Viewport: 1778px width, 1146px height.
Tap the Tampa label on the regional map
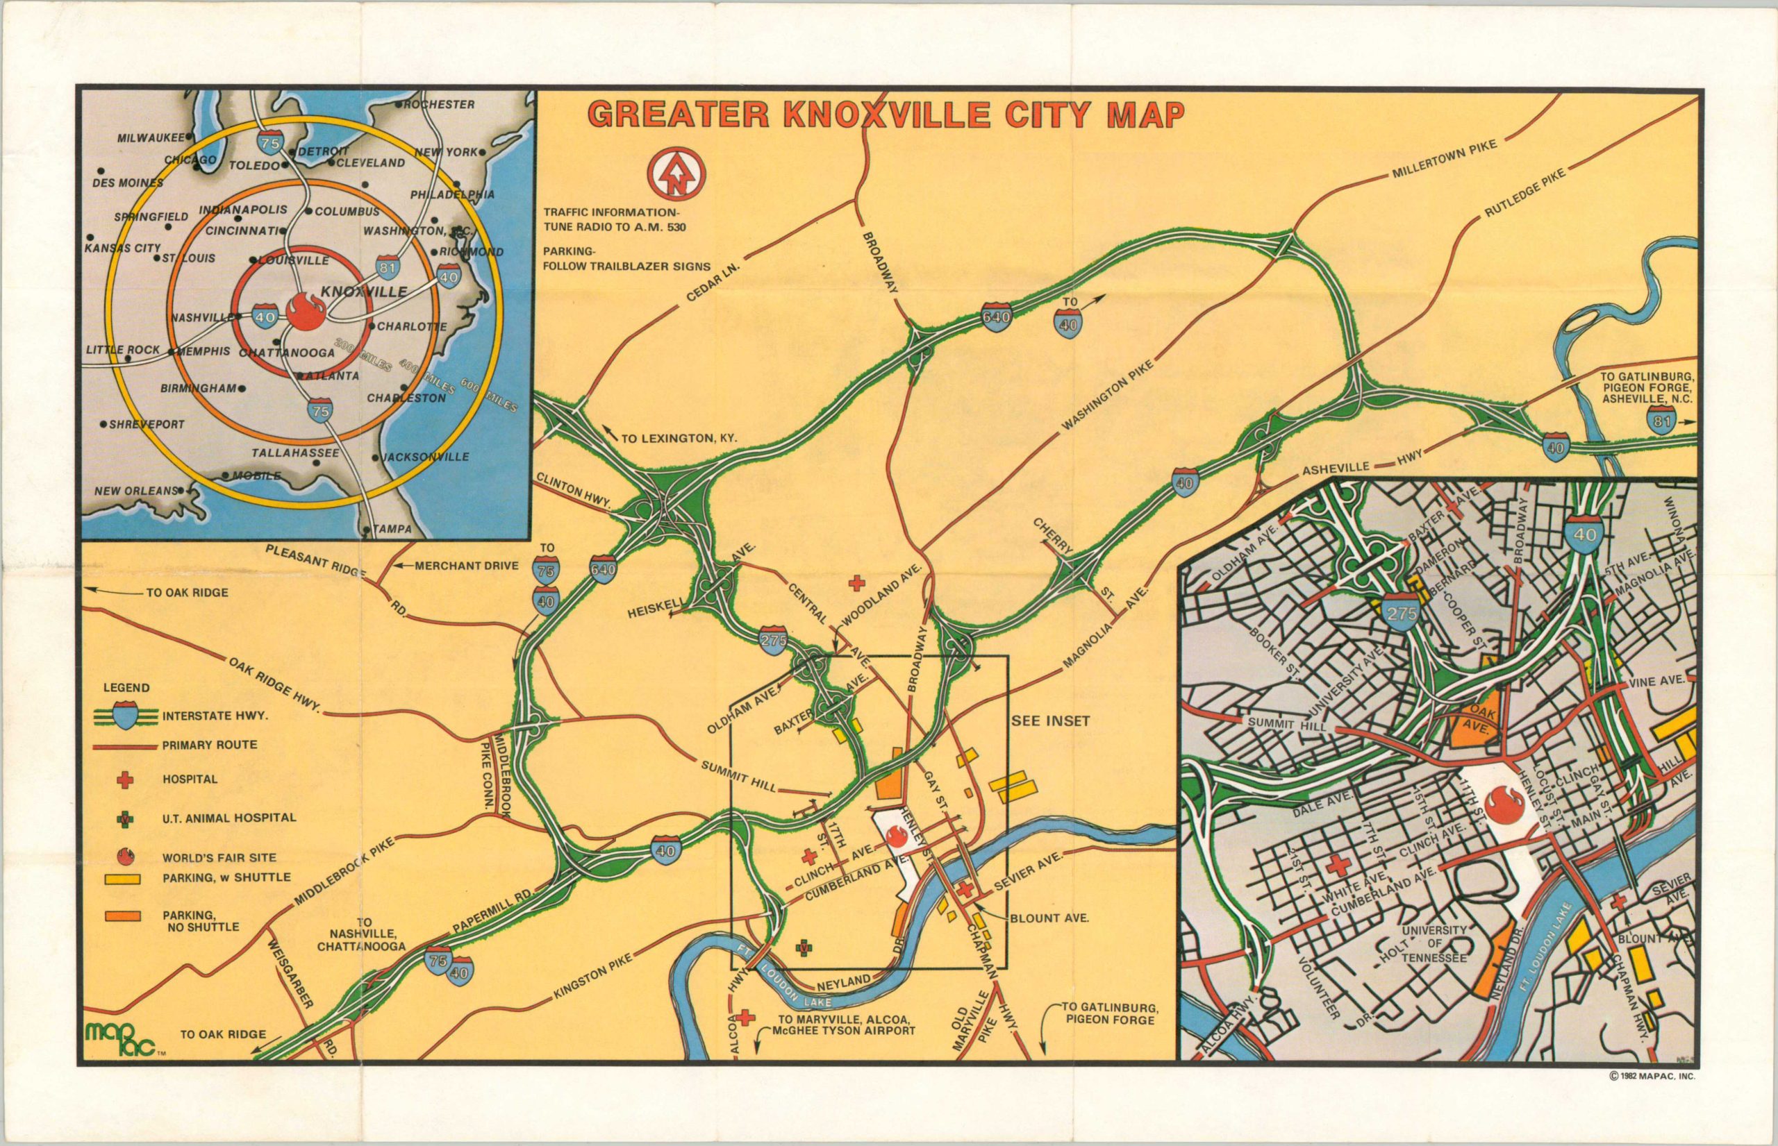pyautogui.click(x=393, y=529)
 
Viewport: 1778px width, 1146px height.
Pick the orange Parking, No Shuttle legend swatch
pyautogui.click(x=126, y=915)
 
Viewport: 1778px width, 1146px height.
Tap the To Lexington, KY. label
pyautogui.click(x=678, y=438)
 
